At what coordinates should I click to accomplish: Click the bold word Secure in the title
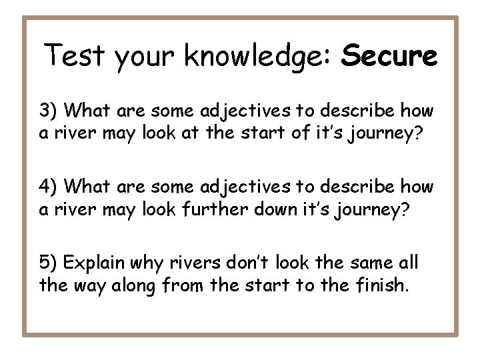point(389,56)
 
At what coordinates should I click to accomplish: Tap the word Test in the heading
point(75,56)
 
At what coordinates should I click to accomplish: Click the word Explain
point(99,264)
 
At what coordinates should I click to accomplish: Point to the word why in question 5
point(158,264)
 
